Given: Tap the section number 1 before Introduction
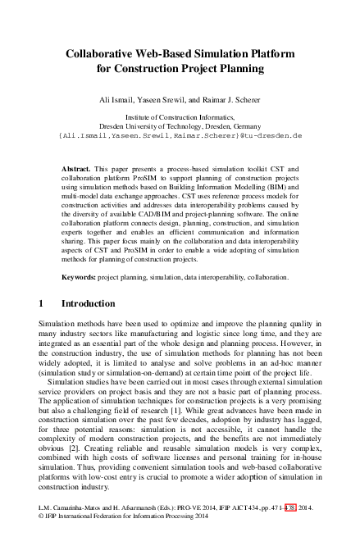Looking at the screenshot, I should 41,303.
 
